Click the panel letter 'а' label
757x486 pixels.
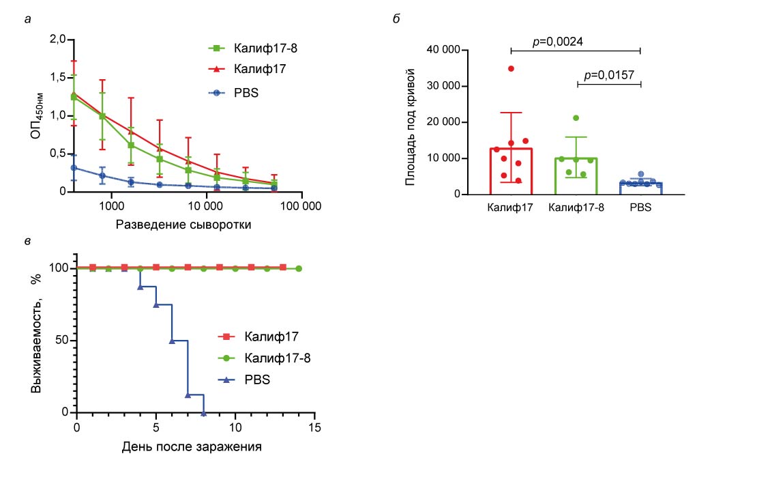tap(27, 18)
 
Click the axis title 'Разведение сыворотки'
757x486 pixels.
tap(183, 225)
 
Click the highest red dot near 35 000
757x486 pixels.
tap(511, 68)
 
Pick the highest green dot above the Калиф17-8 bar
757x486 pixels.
tap(576, 118)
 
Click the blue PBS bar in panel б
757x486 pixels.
tap(640, 188)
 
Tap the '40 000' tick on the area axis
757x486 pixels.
tap(444, 51)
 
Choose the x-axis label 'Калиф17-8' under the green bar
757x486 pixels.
tap(576, 207)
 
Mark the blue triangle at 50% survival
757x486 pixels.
tap(172, 340)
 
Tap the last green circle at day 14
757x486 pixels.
tap(299, 268)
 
